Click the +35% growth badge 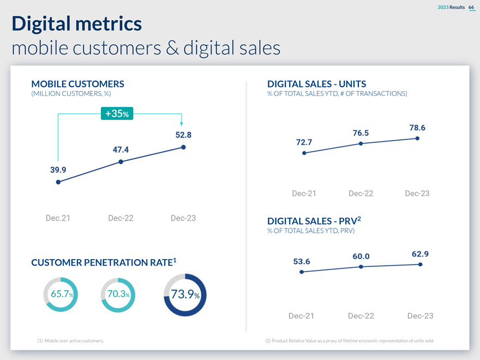pyautogui.click(x=117, y=114)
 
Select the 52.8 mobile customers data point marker pyautogui.click(x=183, y=147)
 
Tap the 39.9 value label pyautogui.click(x=58, y=170)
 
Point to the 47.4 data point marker pyautogui.click(x=121, y=161)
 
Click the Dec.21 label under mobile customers pyautogui.click(x=58, y=218)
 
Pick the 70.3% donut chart pyautogui.click(x=118, y=295)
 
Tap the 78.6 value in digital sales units pyautogui.click(x=417, y=128)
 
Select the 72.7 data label pyautogui.click(x=304, y=142)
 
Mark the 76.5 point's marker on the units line pyautogui.click(x=361, y=143)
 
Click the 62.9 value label pyautogui.click(x=419, y=254)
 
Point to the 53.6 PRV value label pyautogui.click(x=302, y=261)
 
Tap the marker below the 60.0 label pyautogui.click(x=361, y=267)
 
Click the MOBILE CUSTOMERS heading pyautogui.click(x=78, y=84)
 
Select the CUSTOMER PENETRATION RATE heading pyautogui.click(x=103, y=263)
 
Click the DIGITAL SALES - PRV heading pyautogui.click(x=314, y=221)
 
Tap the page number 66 pyautogui.click(x=471, y=7)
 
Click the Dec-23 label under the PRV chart pyautogui.click(x=420, y=316)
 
